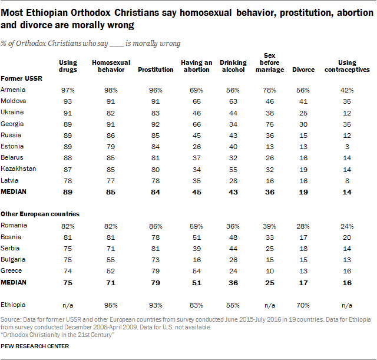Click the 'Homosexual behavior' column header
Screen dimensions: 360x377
click(111, 65)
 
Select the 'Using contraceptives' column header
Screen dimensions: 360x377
click(348, 65)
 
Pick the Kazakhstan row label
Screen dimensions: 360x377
click(19, 168)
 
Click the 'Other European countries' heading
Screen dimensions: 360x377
click(40, 214)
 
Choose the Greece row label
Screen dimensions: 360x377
click(11, 270)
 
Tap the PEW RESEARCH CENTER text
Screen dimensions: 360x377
click(35, 346)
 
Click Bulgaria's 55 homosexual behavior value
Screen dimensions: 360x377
click(111, 259)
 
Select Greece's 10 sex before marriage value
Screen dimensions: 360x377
click(270, 270)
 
